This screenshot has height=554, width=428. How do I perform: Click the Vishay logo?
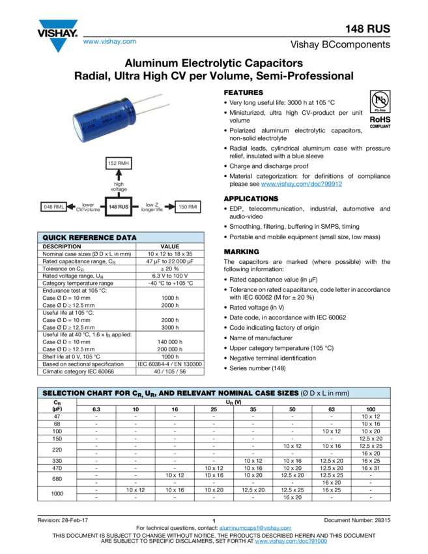[57, 36]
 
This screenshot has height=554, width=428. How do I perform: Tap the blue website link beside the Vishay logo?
[109, 42]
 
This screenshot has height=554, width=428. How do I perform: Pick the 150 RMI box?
[188, 207]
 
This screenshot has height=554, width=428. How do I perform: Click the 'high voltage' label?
[119, 186]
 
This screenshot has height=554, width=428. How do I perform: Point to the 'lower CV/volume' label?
[88, 207]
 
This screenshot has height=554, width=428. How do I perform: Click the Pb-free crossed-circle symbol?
[380, 101]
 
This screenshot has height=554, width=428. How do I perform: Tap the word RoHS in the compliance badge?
[380, 120]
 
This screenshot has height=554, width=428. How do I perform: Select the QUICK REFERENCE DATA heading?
[90, 238]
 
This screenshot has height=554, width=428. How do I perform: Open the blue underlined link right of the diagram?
[301, 184]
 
